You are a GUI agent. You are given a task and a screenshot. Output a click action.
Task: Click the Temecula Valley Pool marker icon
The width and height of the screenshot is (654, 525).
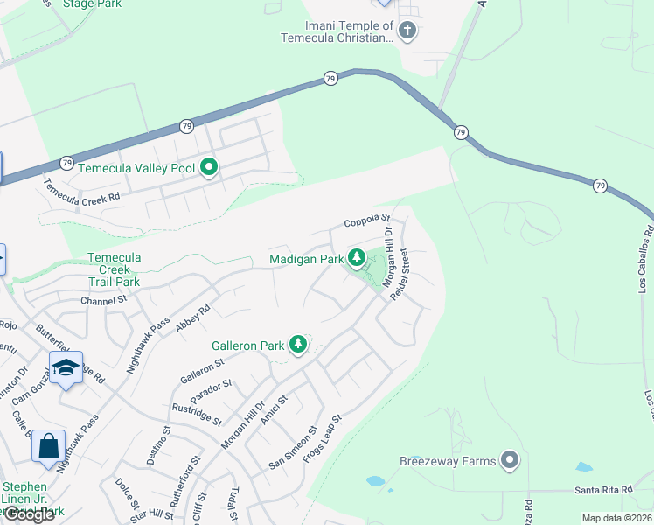pyautogui.click(x=209, y=166)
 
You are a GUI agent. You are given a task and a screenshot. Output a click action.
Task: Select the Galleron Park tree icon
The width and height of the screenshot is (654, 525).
pyautogui.click(x=298, y=345)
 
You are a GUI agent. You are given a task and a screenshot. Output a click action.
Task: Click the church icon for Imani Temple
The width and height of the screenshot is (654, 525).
pyautogui.click(x=407, y=31)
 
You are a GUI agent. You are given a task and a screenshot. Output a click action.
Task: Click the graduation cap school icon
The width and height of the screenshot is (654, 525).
pyautogui.click(x=66, y=369)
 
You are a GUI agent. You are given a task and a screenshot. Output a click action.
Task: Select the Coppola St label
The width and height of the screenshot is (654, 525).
pyautogui.click(x=365, y=220)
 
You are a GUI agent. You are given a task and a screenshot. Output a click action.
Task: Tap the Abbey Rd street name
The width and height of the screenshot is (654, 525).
pyautogui.click(x=193, y=316)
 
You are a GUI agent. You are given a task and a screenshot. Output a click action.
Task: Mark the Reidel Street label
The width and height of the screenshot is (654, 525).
pyautogui.click(x=400, y=275)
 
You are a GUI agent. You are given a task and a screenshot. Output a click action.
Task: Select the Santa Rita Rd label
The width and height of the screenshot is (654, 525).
pyautogui.click(x=603, y=490)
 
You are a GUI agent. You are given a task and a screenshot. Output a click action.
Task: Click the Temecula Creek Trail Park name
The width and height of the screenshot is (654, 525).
pyautogui.click(x=114, y=269)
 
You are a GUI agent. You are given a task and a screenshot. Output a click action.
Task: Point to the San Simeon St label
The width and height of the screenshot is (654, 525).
pyautogui.click(x=293, y=448)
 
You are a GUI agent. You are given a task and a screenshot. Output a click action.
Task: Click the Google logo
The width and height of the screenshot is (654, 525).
pyautogui.click(x=28, y=514)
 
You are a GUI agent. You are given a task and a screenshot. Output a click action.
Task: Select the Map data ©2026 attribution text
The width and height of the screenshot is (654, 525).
pyautogui.click(x=616, y=518)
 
